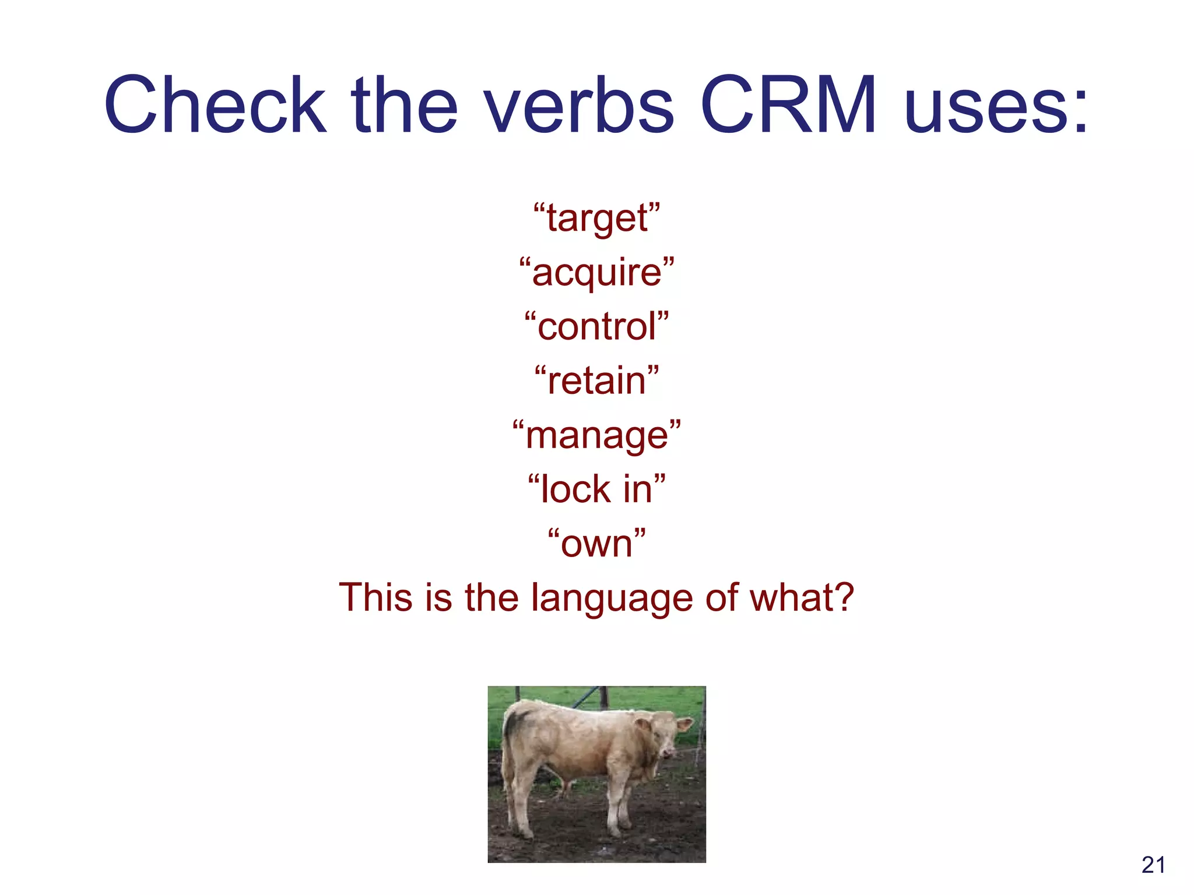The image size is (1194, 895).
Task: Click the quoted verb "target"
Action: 597,218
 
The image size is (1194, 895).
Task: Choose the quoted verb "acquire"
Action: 597,273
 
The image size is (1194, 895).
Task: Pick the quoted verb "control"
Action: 597,326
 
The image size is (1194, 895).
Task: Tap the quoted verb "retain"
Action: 597,380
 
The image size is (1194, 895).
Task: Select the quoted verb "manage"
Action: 597,435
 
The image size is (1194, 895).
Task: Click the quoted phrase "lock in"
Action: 597,489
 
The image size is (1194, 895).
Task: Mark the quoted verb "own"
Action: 597,544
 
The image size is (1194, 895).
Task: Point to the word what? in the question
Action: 802,597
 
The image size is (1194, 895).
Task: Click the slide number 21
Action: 1153,865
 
